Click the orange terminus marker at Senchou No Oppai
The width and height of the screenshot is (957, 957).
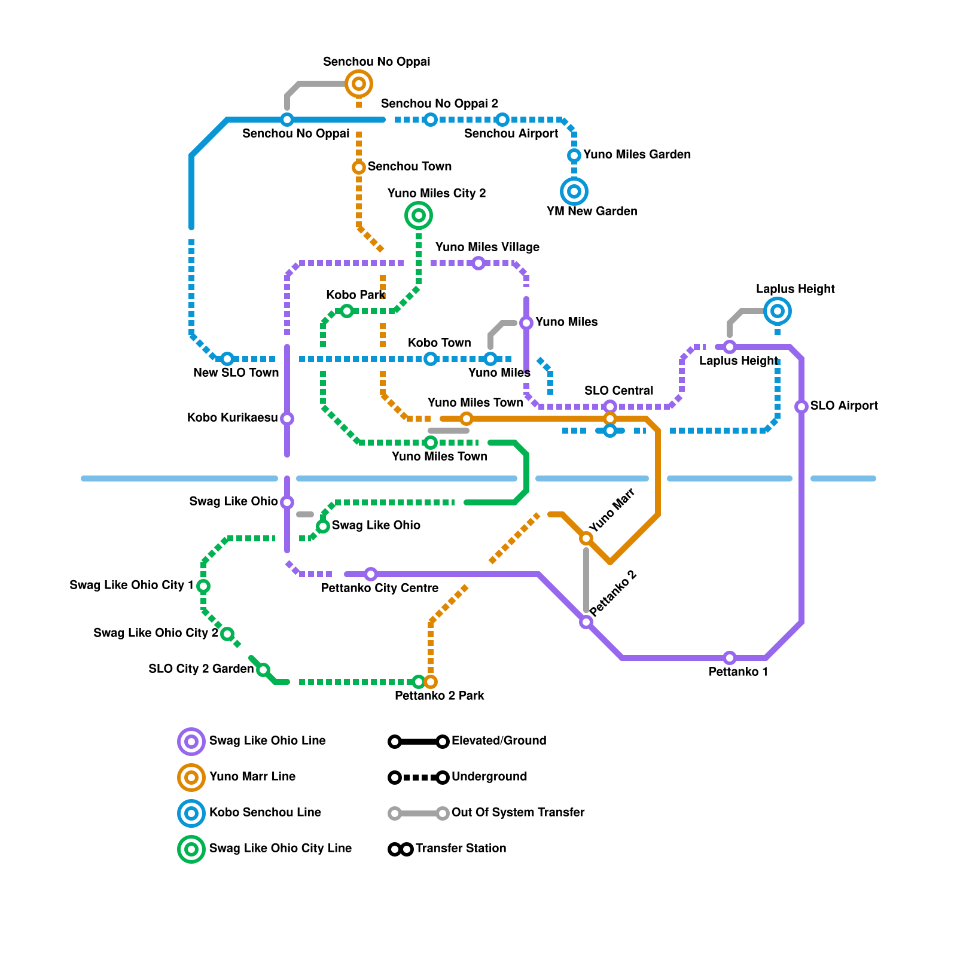tap(359, 84)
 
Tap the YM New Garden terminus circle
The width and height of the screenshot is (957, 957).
tap(574, 191)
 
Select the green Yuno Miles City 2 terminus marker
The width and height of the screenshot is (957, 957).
tap(419, 215)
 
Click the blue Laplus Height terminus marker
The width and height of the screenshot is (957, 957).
tap(778, 311)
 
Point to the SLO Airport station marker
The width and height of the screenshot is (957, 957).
tap(801, 407)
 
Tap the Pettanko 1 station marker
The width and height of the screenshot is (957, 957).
tap(730, 658)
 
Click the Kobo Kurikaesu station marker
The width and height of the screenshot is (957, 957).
tap(287, 419)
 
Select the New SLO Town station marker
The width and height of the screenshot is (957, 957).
tap(227, 359)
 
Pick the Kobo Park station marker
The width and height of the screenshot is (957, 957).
tap(347, 311)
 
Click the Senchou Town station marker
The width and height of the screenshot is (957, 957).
tap(359, 167)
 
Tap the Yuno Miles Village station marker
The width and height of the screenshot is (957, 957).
tap(478, 263)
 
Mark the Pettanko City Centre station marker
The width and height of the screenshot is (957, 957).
tap(371, 574)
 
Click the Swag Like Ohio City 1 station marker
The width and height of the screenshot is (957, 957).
tap(203, 586)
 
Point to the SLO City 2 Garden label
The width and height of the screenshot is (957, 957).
tap(202, 669)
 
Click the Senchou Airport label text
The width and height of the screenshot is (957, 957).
tap(511, 133)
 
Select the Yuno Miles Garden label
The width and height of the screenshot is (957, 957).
tap(637, 154)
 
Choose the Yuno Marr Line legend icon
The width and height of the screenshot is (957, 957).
tap(191, 778)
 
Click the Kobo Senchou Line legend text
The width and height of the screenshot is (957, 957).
tap(265, 812)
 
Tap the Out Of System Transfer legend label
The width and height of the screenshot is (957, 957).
tap(518, 812)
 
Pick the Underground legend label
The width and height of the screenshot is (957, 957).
tap(489, 776)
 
